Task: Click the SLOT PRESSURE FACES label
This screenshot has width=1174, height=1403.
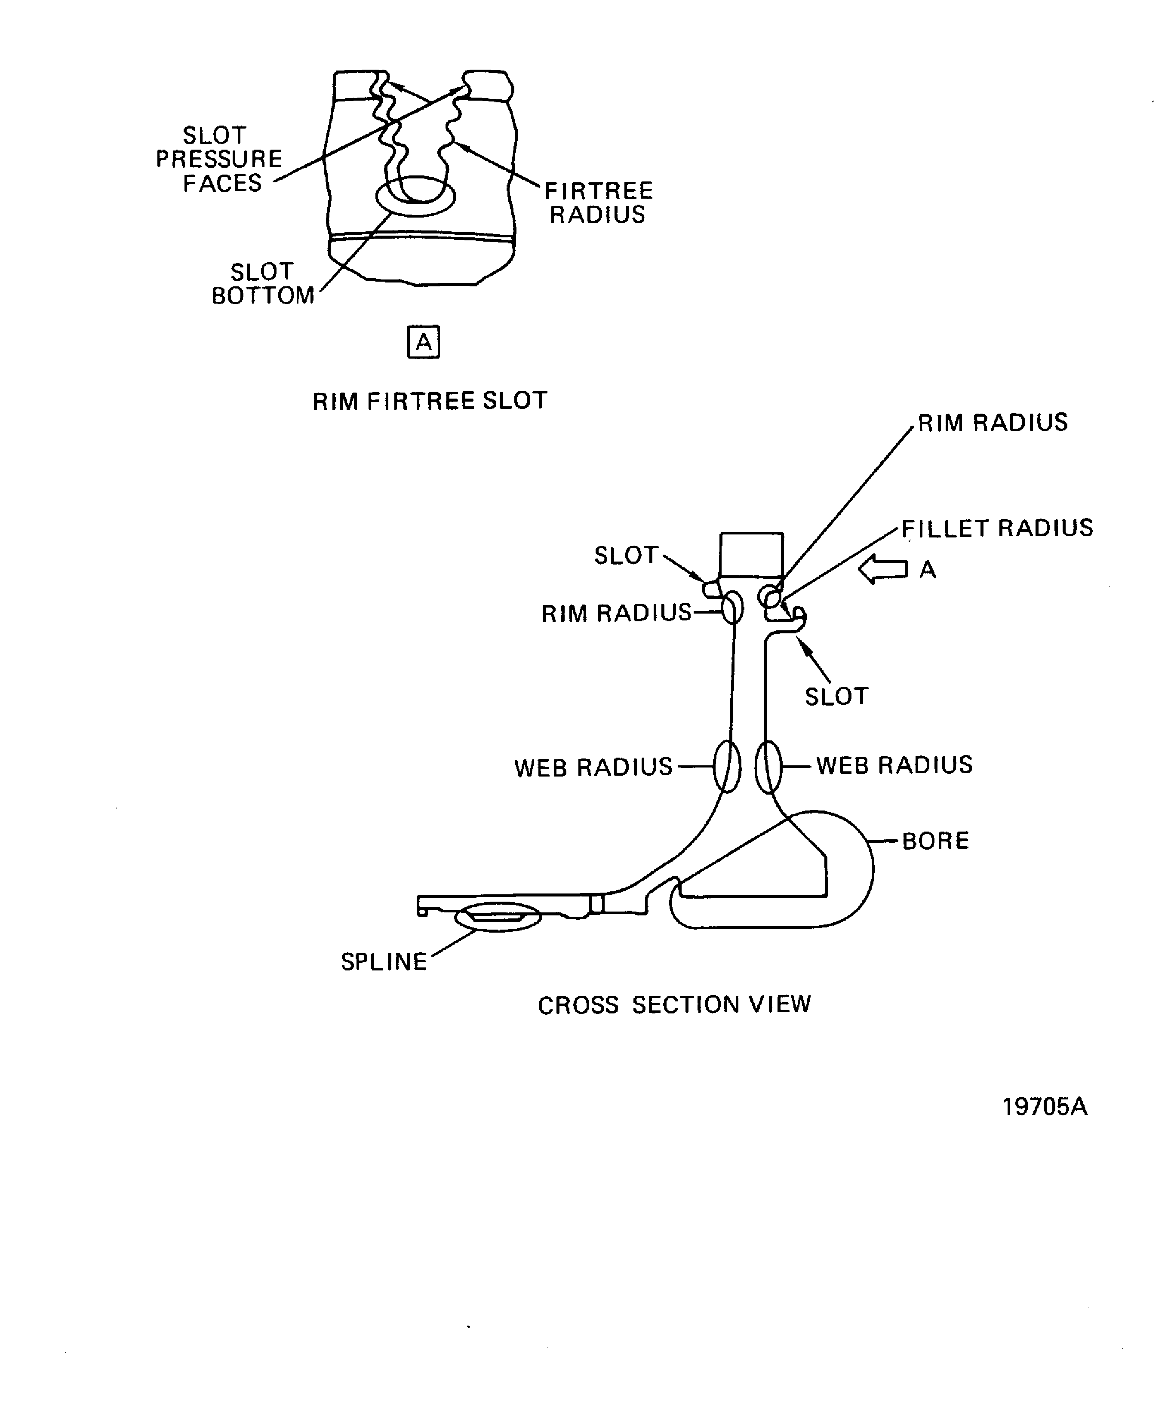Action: [x=219, y=159]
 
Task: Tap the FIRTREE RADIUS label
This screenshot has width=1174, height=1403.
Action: [x=599, y=203]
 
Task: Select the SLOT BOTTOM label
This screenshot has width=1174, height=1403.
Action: [x=263, y=283]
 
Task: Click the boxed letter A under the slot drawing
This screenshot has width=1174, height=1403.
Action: [x=424, y=342]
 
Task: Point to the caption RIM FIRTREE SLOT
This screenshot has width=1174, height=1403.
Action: [x=430, y=401]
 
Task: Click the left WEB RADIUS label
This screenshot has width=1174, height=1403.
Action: [x=593, y=768]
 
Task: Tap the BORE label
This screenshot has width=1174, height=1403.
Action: [x=935, y=841]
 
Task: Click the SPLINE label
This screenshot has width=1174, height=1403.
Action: [x=384, y=962]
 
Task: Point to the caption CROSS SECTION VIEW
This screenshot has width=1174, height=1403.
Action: [x=674, y=1005]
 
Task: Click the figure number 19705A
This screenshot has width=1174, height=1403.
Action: [x=1045, y=1107]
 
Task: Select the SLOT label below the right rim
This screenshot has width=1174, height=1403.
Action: [x=836, y=697]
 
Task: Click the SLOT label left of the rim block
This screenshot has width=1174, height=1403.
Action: [x=626, y=555]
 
